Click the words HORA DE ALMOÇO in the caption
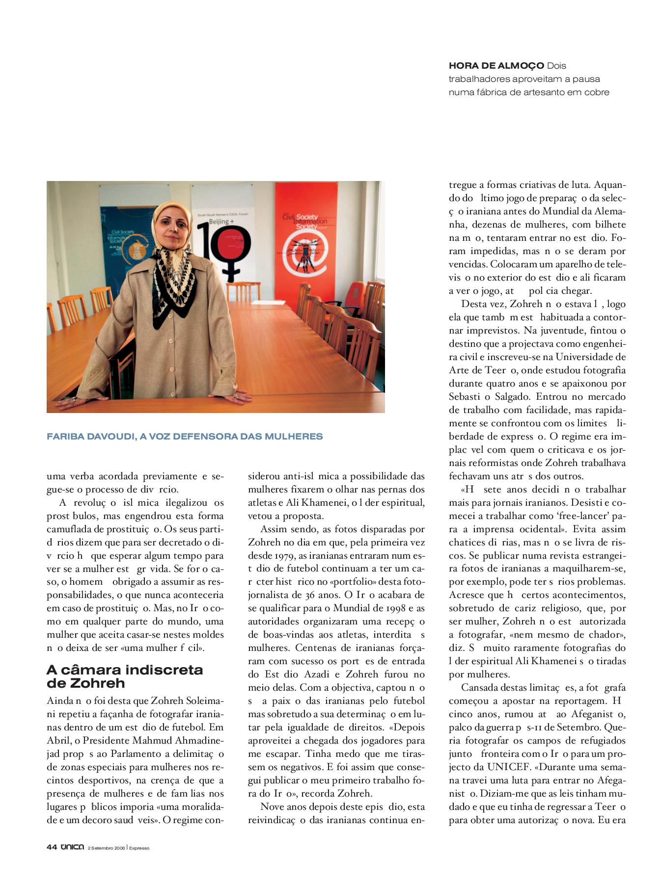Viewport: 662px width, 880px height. coord(496,66)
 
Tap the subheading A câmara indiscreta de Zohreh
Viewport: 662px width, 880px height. coord(125,676)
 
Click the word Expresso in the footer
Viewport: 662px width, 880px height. coord(139,848)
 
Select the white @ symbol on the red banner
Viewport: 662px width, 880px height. coord(305,255)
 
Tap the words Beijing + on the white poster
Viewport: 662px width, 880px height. coord(221,222)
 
